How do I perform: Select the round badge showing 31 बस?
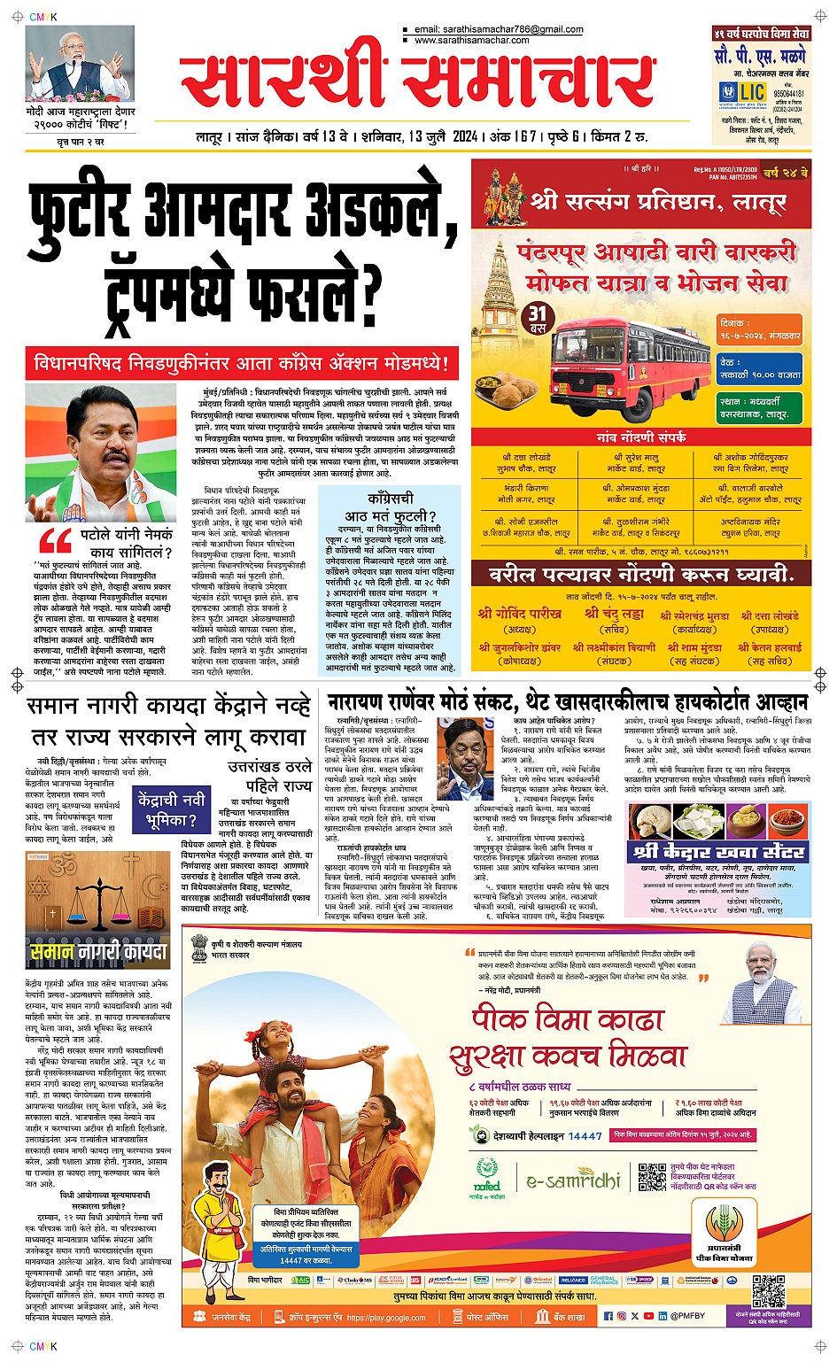pyautogui.click(x=538, y=318)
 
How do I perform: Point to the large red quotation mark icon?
pyautogui.click(x=56, y=541)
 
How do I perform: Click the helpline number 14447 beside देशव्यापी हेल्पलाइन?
pyautogui.click(x=585, y=1135)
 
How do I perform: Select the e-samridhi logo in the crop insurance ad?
pyautogui.click(x=573, y=1181)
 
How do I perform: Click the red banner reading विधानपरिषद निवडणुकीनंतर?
pyautogui.click(x=242, y=363)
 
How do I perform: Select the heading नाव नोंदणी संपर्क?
pyautogui.click(x=640, y=437)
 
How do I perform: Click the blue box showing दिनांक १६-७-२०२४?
pyautogui.click(x=760, y=330)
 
